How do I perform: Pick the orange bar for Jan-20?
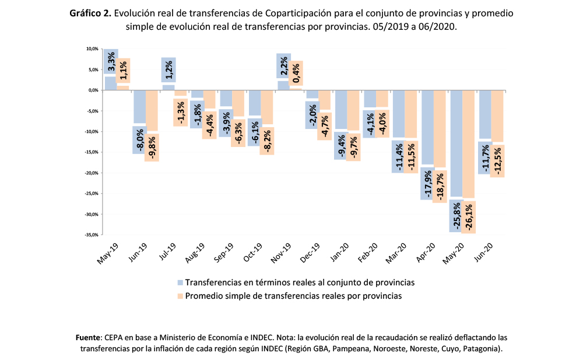[x=354, y=110]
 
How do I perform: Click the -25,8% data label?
[x=456, y=216]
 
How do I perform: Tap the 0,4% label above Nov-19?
[x=296, y=73]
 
